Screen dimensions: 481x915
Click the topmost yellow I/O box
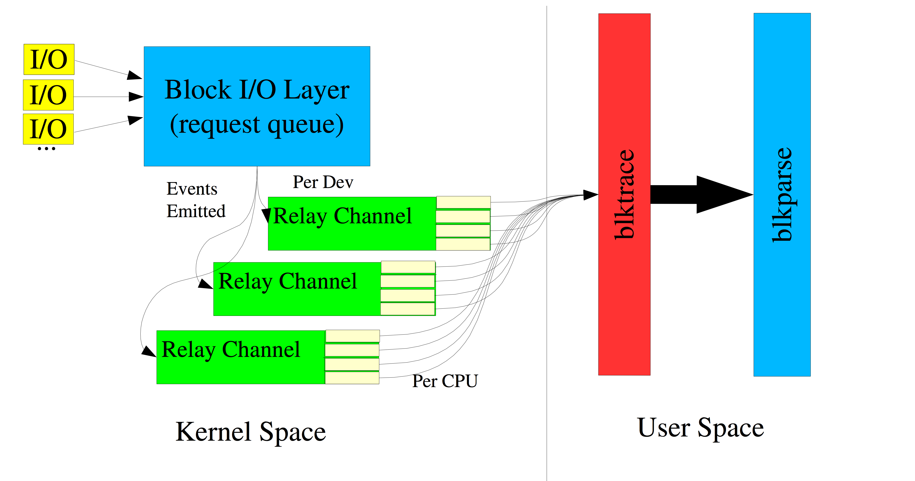pyautogui.click(x=49, y=59)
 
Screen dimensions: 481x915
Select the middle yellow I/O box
pyautogui.click(x=48, y=95)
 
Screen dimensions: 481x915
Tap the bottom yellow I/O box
pyautogui.click(x=48, y=129)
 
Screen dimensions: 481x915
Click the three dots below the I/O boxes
pyautogui.click(x=46, y=149)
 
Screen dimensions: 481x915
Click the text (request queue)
pyautogui.click(x=257, y=124)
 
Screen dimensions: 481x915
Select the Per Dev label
pyautogui.click(x=323, y=182)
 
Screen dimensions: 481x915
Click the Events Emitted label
pyautogui.click(x=196, y=200)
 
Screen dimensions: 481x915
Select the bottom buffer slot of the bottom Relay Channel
pyautogui.click(x=352, y=378)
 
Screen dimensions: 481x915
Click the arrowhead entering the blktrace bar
pyautogui.click(x=590, y=195)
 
